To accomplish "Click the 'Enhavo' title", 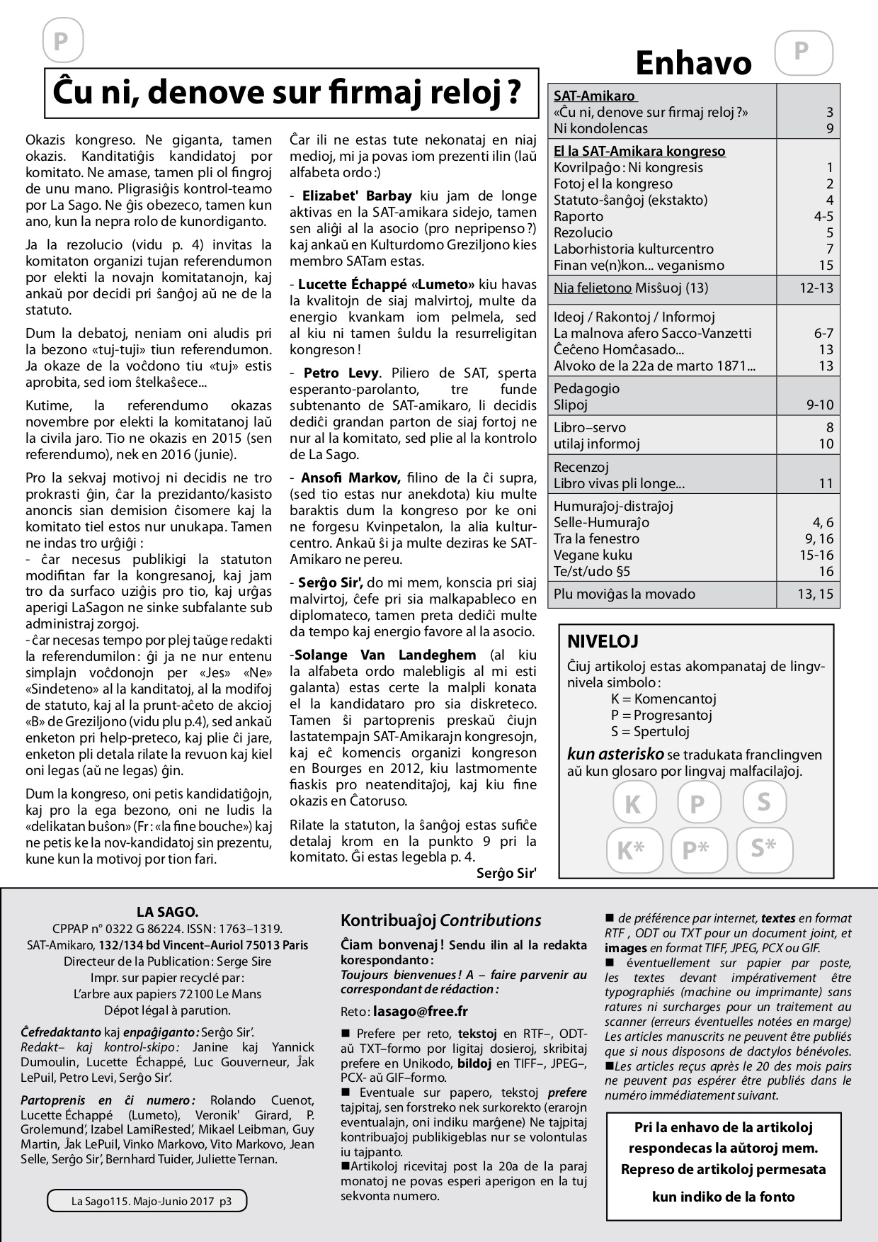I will tap(692, 63).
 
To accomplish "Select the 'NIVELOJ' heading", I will tap(603, 642).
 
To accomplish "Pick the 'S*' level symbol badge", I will tap(764, 848).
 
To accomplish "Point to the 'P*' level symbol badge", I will tap(696, 849).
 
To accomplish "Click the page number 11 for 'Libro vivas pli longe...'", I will tap(826, 484).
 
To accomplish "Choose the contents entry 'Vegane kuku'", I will tap(593, 555).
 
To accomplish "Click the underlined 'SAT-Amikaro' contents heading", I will tap(595, 96).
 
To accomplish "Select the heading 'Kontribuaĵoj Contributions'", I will tap(440, 920).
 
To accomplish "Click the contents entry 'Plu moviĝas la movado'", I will tap(624, 594).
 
